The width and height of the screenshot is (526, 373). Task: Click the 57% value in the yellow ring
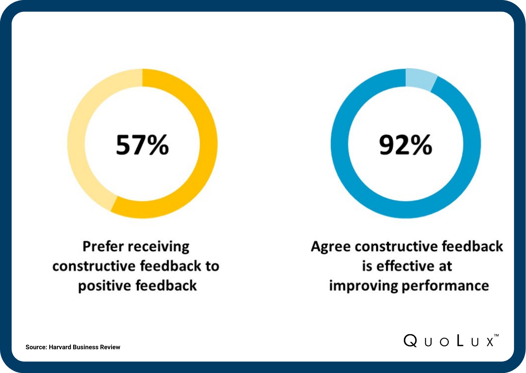[x=142, y=145]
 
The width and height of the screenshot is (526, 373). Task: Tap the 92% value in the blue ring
[x=405, y=145]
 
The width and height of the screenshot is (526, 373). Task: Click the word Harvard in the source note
[x=60, y=347]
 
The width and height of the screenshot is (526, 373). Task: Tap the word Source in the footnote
[x=36, y=347]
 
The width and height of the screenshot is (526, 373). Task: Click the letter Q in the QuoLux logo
[x=410, y=341]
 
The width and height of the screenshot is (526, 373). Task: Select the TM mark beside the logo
[x=496, y=335]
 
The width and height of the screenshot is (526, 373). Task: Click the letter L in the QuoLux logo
[x=459, y=341]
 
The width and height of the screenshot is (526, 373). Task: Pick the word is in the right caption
[x=367, y=266]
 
